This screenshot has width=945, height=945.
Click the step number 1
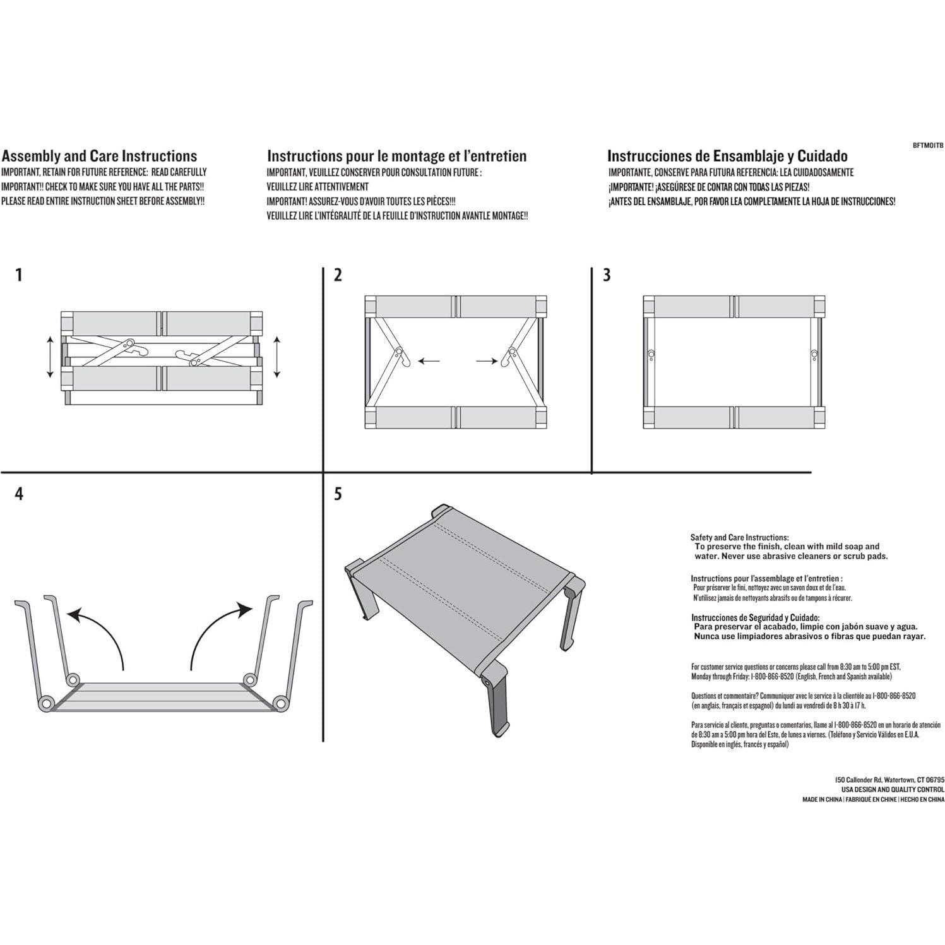point(19,275)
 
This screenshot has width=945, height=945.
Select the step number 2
point(338,275)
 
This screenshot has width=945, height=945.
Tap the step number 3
point(607,275)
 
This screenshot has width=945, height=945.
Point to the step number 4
point(19,494)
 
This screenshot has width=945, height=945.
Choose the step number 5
point(338,494)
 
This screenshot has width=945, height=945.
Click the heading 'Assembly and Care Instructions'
point(99,156)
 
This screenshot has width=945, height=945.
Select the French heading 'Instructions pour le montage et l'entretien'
point(396,156)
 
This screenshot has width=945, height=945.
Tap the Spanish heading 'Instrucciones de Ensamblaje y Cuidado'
point(727,156)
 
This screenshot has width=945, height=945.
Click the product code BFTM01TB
point(927,145)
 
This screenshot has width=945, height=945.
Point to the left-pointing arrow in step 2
point(429,362)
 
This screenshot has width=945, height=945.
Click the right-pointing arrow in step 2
point(486,362)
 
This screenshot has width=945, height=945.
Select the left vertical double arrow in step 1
point(51,357)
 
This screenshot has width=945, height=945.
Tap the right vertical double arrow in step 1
point(276,357)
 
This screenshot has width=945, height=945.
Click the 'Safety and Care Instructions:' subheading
point(739,537)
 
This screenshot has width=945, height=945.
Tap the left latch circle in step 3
point(651,355)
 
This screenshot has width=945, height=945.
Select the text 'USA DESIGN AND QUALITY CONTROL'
point(893,789)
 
